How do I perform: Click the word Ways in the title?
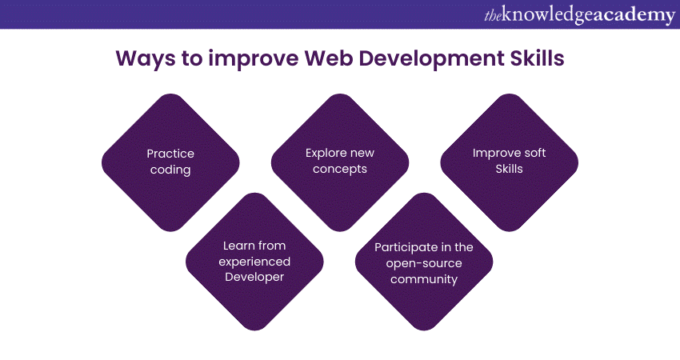pos(140,59)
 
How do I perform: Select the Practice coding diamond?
pos(170,162)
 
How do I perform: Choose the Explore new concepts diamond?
pos(340,162)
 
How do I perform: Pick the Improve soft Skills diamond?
pos(510,162)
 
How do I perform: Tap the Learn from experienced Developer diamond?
pos(254,262)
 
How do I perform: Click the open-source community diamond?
pos(424,262)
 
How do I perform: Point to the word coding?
pos(170,169)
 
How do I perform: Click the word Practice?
pos(170,154)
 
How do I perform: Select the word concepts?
pos(340,169)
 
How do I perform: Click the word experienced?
pos(254,262)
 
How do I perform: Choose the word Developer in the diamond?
pos(254,277)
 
